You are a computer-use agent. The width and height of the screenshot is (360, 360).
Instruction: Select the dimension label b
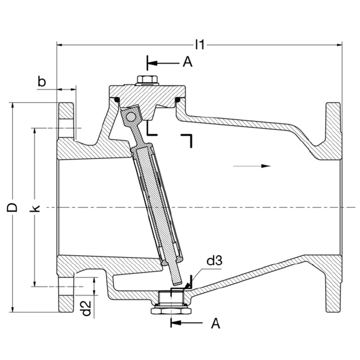(x=42, y=82)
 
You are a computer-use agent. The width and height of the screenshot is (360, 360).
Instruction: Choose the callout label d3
(x=214, y=261)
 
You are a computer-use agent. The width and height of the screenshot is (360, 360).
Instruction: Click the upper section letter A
(x=188, y=62)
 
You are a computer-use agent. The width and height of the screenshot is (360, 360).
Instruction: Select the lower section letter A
(x=216, y=323)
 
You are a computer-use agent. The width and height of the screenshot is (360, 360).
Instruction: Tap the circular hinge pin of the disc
(x=131, y=116)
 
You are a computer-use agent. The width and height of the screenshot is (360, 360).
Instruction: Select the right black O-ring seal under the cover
(x=178, y=100)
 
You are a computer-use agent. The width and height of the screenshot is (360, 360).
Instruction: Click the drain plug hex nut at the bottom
(x=171, y=310)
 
